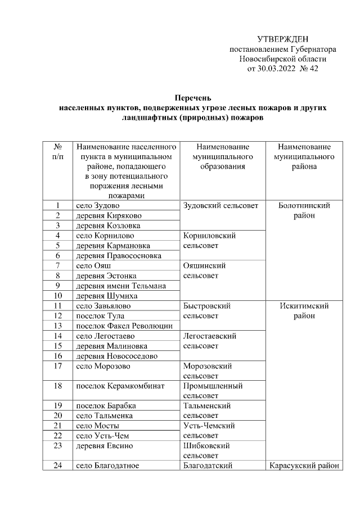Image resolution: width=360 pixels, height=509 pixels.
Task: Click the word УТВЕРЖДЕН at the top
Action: click(283, 39)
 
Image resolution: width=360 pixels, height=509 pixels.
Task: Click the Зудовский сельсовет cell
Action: click(220, 205)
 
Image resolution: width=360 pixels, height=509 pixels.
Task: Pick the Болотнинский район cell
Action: click(304, 210)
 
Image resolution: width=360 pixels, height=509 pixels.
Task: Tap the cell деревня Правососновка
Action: click(119, 256)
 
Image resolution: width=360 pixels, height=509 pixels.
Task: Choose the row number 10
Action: click(57, 296)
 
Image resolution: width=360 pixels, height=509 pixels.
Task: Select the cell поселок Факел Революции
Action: click(124, 326)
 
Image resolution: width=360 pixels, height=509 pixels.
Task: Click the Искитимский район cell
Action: click(304, 311)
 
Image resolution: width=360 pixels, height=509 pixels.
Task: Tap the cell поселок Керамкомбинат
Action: click(116, 386)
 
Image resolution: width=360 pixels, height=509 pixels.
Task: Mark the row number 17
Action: click(57, 366)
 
